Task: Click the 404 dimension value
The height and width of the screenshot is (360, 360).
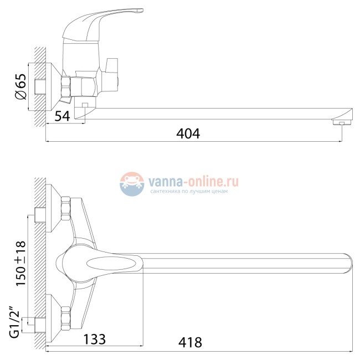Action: tap(188, 133)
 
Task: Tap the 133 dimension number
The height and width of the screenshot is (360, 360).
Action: tap(94, 338)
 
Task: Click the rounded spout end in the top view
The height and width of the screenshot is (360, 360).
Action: tap(346, 262)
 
